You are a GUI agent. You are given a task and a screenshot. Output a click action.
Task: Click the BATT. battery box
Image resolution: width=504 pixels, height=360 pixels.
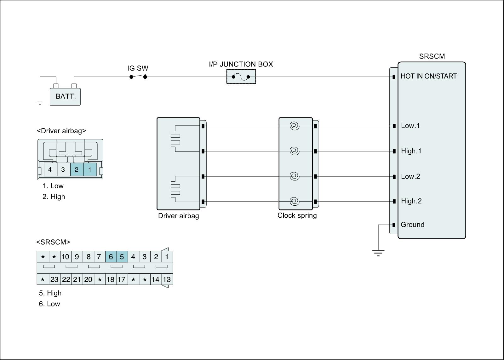coord(65,96)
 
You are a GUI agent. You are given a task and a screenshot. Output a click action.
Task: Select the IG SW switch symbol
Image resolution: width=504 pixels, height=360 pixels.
coord(138,77)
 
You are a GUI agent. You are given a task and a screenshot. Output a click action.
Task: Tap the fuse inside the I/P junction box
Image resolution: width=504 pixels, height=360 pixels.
coord(241,77)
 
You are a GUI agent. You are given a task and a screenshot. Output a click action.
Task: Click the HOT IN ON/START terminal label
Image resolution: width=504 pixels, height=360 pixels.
coord(428,76)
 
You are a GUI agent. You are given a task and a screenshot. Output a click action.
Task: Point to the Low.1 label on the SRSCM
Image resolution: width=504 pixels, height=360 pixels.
coord(410,126)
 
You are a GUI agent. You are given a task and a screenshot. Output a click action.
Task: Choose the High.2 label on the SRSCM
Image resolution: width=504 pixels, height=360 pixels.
coord(411,201)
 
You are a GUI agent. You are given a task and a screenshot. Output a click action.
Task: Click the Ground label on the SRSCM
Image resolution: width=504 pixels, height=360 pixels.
coord(412,225)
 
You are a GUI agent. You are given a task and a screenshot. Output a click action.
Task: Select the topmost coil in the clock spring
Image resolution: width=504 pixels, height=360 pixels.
coord(294,126)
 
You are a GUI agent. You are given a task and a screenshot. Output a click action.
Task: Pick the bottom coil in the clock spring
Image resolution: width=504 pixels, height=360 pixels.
coord(294,201)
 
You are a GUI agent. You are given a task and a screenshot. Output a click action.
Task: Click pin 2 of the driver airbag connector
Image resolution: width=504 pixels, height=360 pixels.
coord(77,170)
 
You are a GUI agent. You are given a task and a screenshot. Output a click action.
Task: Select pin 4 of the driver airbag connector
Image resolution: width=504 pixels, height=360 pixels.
coord(50,170)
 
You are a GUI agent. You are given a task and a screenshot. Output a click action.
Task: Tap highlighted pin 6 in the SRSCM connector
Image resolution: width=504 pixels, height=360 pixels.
coord(111,257)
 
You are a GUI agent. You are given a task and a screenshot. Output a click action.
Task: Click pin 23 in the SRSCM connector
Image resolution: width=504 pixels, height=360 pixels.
coord(54,279)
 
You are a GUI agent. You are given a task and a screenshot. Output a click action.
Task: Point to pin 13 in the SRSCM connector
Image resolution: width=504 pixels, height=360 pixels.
coord(167,279)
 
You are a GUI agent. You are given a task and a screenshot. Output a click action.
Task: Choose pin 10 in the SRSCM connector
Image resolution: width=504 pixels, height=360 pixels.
coord(65,257)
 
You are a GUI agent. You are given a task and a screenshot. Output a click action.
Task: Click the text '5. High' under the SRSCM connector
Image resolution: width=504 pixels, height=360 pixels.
coord(50,293)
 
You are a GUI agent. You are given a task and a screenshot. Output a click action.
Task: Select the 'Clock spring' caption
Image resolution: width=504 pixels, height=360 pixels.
coord(297,216)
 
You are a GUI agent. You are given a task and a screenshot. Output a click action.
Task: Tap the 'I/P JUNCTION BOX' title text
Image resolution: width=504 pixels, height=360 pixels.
coord(241,64)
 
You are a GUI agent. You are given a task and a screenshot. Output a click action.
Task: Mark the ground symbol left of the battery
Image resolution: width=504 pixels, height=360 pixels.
coord(40,103)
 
